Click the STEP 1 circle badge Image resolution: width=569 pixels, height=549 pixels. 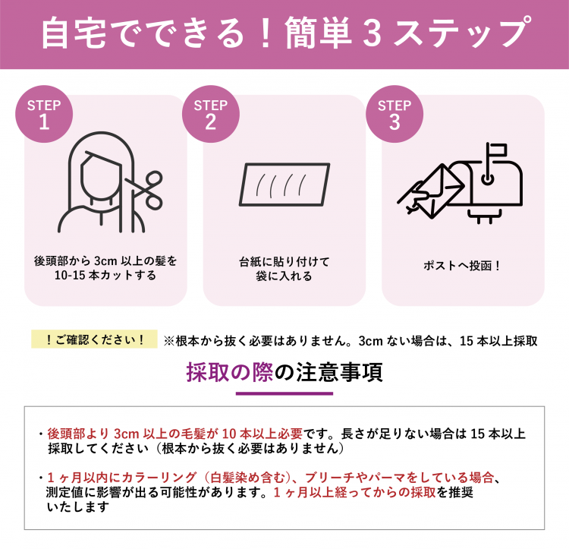point(44,114)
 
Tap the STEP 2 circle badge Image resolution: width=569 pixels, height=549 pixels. point(210,114)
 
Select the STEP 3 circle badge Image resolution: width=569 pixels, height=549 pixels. point(395,114)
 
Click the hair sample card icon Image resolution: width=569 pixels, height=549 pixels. point(284,185)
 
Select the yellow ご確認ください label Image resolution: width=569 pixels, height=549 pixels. point(94,339)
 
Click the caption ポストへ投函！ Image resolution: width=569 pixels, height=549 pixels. point(462,266)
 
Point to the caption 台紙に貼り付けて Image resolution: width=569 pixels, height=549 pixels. point(284,261)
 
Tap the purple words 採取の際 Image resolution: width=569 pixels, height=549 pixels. point(230,372)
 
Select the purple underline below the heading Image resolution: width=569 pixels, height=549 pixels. point(284,393)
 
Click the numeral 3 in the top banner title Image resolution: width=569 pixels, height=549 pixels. point(373,33)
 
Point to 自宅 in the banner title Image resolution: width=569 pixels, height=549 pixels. point(74,33)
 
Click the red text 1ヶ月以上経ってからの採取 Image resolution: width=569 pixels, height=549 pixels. point(354,492)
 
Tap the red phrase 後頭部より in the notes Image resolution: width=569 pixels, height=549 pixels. point(78,434)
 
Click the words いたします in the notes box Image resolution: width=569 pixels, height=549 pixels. point(78,507)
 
